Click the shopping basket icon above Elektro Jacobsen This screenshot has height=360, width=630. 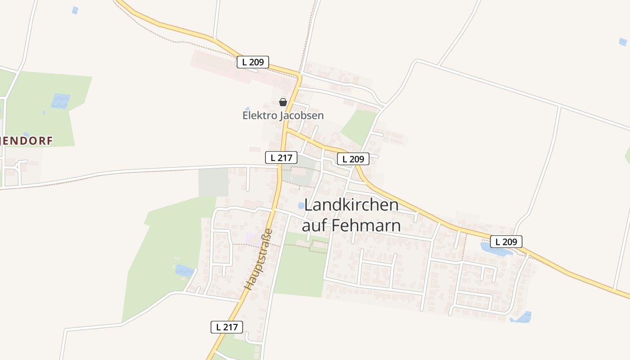pyautogui.click(x=283, y=102)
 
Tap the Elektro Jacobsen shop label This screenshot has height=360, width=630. pyautogui.click(x=283, y=116)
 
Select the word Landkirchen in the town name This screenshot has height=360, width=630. pyautogui.click(x=351, y=205)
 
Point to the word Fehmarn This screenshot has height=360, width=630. pyautogui.click(x=366, y=225)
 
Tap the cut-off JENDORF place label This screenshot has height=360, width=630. pyautogui.click(x=27, y=141)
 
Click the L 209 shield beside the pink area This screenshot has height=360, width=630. pyautogui.click(x=252, y=62)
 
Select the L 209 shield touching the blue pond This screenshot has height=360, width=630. pyautogui.click(x=506, y=242)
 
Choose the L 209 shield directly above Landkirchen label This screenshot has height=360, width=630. pyautogui.click(x=353, y=158)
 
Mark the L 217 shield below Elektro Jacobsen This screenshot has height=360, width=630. pyautogui.click(x=281, y=157)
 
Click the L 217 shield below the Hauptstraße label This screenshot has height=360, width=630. pyautogui.click(x=227, y=327)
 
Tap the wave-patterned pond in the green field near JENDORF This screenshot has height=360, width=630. pyautogui.click(x=60, y=101)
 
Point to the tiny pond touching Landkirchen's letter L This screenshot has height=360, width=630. pyautogui.click(x=301, y=206)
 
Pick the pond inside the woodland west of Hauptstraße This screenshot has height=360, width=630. pyautogui.click(x=183, y=270)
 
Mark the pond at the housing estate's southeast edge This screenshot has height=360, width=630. pyautogui.click(x=522, y=317)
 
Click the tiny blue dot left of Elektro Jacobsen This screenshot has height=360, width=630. pyautogui.click(x=247, y=108)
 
